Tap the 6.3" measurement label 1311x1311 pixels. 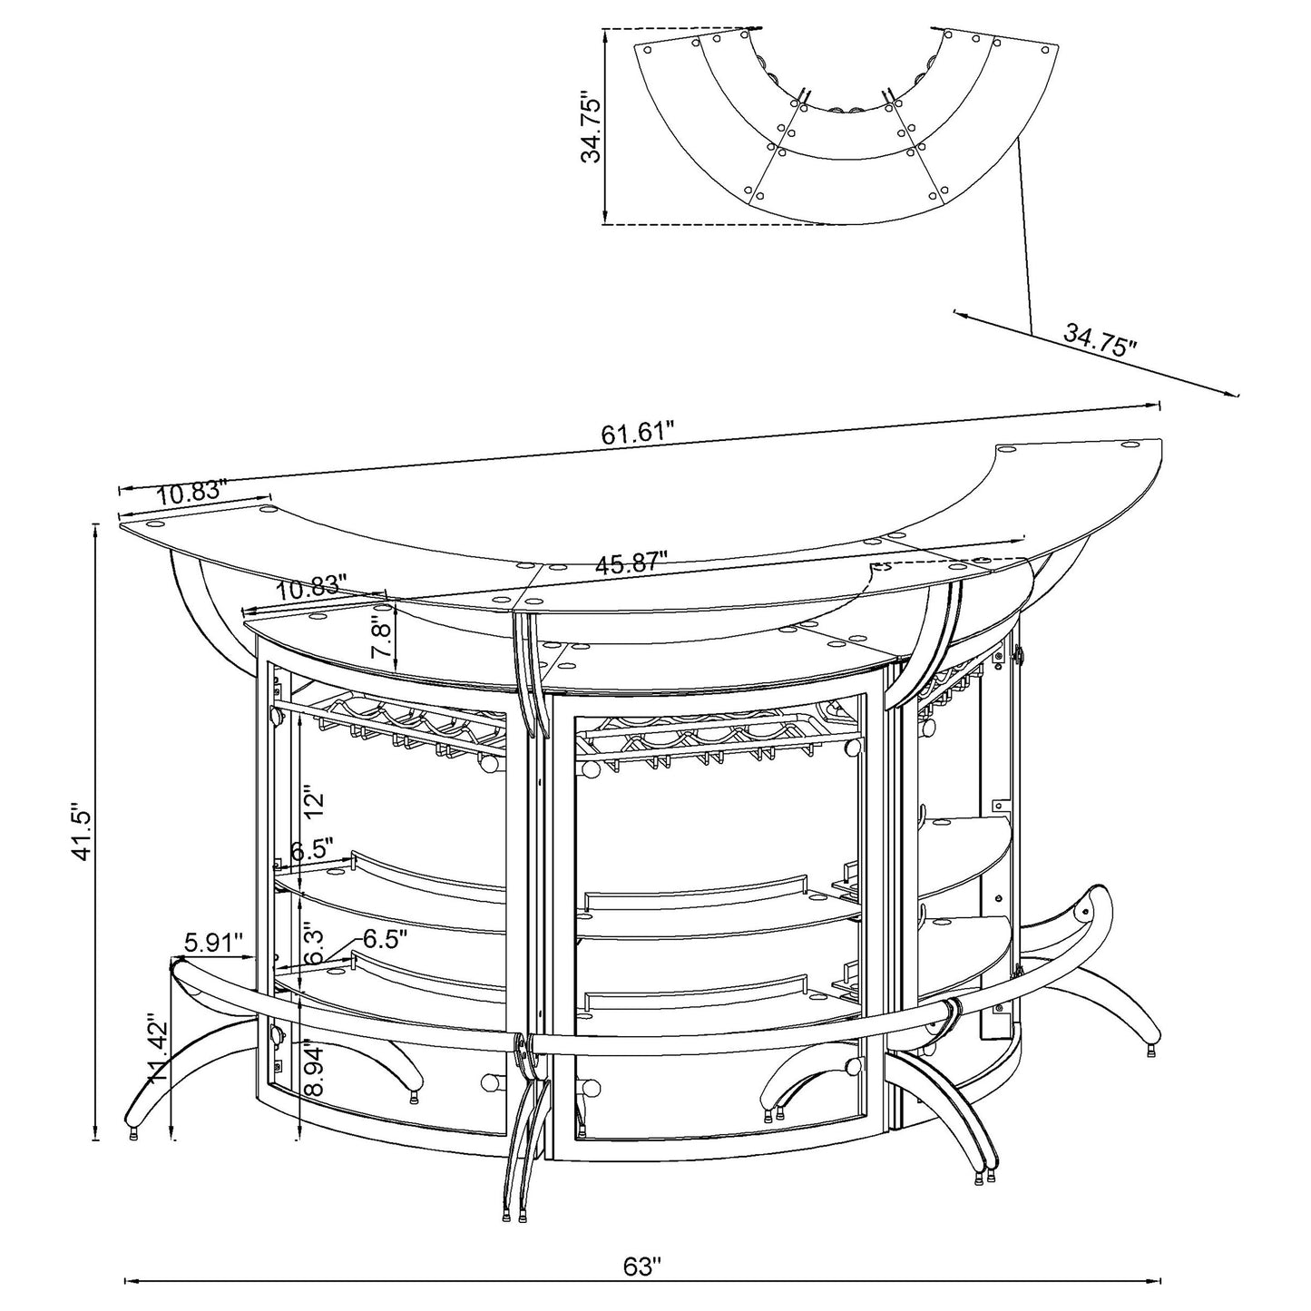coord(313,945)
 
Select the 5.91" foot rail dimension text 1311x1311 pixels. coord(217,943)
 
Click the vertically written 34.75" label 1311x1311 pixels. coord(592,125)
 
